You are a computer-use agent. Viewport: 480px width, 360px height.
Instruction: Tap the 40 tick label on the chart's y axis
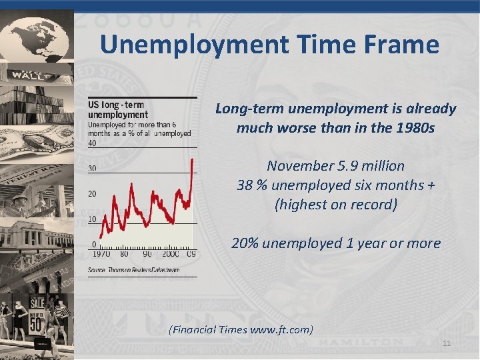coord(92,143)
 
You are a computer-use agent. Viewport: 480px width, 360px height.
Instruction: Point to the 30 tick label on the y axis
coord(92,168)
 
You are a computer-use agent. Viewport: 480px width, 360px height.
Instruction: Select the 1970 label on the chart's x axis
coord(101,254)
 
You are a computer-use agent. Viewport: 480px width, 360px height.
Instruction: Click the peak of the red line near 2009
coord(193,159)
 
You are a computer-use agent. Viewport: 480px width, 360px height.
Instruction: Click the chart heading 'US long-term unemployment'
coord(118,110)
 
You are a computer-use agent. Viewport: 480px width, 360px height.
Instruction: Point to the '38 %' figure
coord(251,185)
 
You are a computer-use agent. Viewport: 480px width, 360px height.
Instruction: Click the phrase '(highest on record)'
coord(336,204)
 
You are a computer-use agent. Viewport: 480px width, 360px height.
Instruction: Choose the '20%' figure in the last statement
coord(245,243)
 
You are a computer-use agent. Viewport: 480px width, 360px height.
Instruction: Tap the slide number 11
coord(447,343)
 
